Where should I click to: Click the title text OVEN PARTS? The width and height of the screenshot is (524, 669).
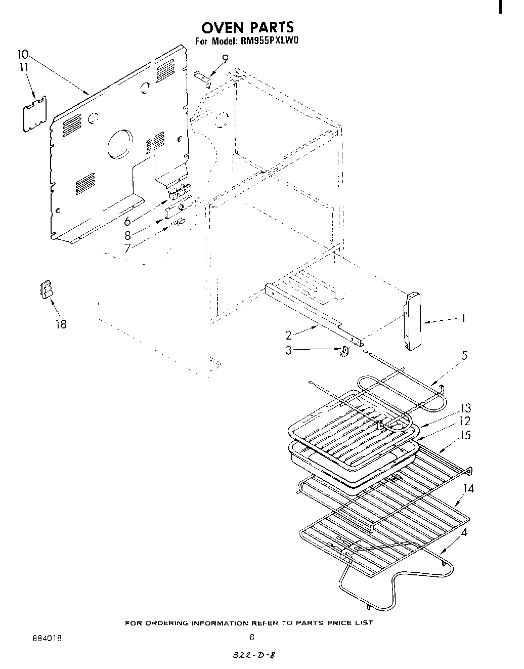click(247, 27)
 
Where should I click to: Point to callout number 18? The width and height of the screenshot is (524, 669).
click(61, 324)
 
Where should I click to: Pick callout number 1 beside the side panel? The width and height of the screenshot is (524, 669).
click(462, 318)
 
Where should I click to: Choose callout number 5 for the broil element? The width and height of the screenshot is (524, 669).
click(464, 355)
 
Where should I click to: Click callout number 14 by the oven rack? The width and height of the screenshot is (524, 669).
click(468, 489)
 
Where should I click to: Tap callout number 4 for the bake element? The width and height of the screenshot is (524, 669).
click(464, 532)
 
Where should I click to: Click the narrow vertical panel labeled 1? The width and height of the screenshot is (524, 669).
click(413, 321)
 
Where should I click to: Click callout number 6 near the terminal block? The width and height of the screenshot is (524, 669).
click(128, 221)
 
